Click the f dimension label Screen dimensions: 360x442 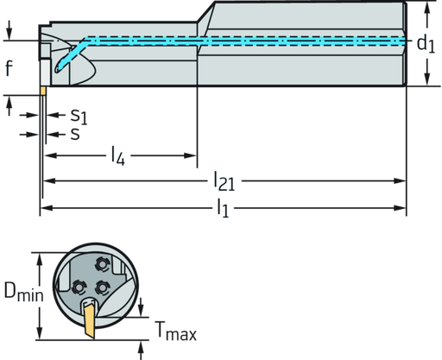click(8, 68)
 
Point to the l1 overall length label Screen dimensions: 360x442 click(223, 207)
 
